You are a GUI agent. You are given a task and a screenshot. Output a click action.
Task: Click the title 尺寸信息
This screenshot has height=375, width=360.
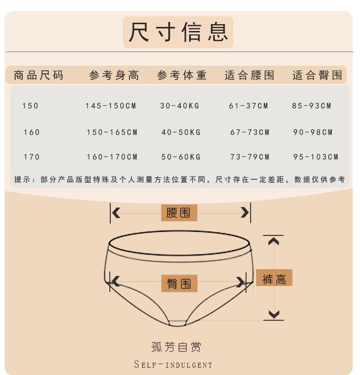pos(178,32)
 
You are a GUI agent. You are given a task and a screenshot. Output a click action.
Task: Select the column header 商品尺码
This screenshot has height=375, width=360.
pos(38,75)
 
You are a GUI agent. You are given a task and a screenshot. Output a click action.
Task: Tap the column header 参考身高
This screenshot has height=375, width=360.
pos(114,75)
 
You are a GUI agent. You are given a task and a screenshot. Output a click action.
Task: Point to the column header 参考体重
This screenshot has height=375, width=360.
pos(181,75)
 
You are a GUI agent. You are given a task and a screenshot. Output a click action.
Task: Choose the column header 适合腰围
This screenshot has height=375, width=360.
pos(249,75)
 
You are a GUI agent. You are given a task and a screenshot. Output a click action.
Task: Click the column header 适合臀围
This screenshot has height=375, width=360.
pos(317,75)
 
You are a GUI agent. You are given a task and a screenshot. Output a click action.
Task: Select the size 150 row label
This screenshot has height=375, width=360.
pos(30,106)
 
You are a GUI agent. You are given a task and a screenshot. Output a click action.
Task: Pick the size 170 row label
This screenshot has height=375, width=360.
pos(31,157)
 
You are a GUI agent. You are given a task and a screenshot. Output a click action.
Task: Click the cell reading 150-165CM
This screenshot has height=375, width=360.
pos(112,132)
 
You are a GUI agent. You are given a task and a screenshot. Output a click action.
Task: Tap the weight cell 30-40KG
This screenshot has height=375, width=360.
pos(180,106)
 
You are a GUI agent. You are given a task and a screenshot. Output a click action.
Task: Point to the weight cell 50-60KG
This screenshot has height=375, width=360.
pos(181,157)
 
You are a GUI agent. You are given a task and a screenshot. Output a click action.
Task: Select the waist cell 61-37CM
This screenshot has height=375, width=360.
pos(248,106)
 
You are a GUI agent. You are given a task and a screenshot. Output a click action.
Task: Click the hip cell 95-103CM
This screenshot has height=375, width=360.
pos(316,157)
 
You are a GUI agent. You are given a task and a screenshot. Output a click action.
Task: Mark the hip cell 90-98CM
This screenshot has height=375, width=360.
pos(313,132)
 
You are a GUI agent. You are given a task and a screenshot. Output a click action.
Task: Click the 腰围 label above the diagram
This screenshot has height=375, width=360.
pos(179,213)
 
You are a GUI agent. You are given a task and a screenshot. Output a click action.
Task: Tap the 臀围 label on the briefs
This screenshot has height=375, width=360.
pos(179,283)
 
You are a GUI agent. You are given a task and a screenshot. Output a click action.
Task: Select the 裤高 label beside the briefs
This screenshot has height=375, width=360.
pos(274,278)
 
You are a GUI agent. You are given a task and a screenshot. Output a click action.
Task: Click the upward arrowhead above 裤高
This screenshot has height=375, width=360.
pos(273,241)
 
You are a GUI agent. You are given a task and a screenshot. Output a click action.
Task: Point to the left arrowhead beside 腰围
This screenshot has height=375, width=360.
pos(116,213)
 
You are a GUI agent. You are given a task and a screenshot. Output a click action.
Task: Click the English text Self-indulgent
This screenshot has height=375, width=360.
pos(173,365)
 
